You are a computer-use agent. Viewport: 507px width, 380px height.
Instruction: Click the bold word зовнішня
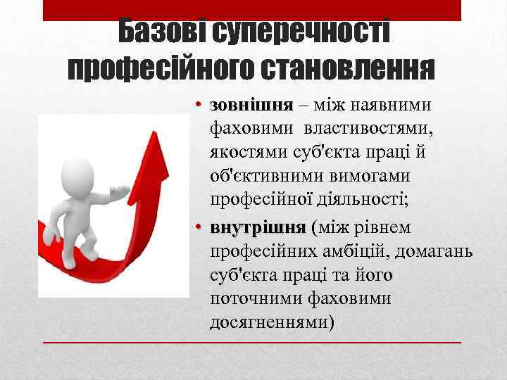click(x=251, y=106)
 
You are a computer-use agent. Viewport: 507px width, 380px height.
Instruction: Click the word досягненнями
click(x=268, y=323)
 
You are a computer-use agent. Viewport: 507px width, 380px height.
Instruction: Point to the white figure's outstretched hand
click(x=124, y=189)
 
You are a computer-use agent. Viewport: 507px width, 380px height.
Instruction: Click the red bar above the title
click(x=252, y=10)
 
